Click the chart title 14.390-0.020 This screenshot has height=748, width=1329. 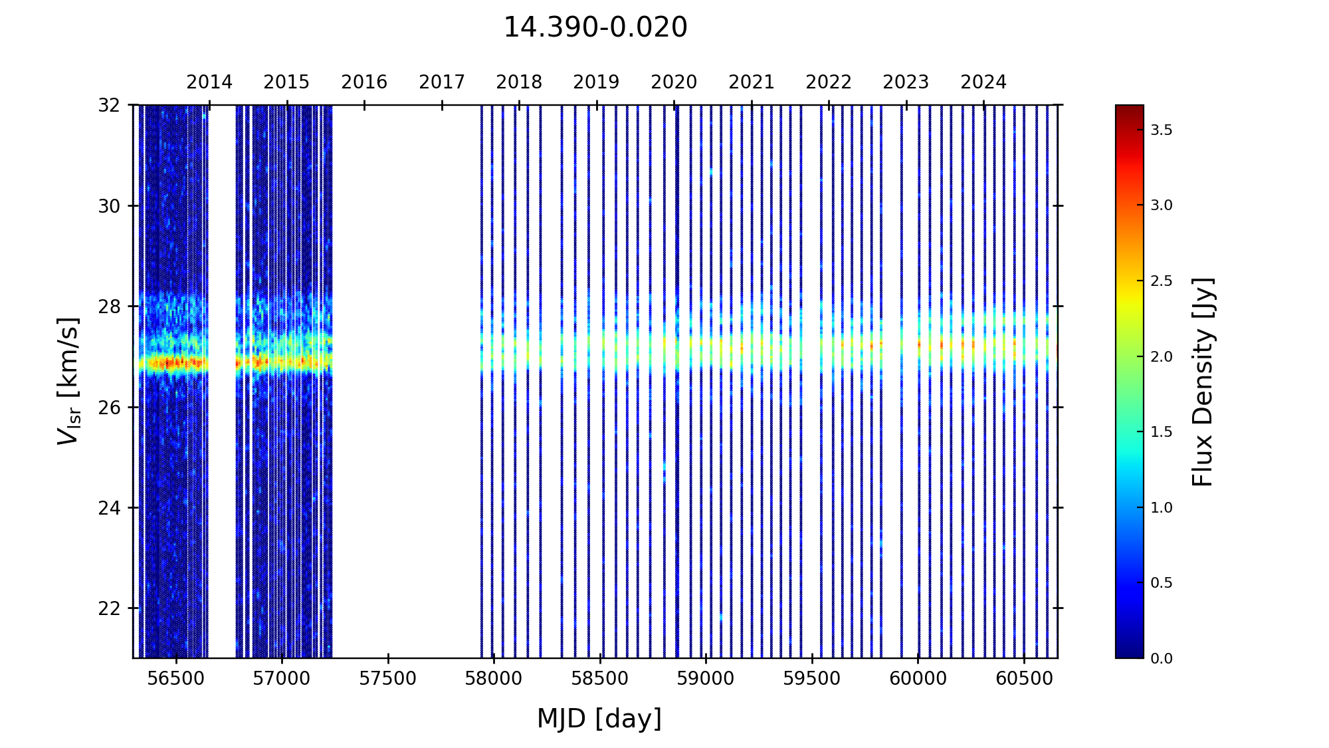[595, 28]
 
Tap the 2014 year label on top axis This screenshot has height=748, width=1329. [209, 82]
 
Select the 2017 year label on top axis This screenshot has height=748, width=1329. [442, 82]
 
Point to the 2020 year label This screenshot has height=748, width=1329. [674, 82]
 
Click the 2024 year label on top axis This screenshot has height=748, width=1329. [983, 82]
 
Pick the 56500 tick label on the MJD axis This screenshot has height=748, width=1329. [176, 679]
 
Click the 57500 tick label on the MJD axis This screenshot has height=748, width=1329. [388, 679]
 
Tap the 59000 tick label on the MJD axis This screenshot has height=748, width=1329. [706, 679]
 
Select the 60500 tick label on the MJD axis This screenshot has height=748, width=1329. [1024, 679]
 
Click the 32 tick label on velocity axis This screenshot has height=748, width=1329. [110, 105]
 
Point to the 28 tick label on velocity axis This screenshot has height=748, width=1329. [110, 307]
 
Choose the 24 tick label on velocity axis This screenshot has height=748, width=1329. [110, 508]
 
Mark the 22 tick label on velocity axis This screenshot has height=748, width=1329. [110, 608]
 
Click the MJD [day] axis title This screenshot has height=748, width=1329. [599, 719]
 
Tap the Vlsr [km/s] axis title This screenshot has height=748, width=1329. [68, 381]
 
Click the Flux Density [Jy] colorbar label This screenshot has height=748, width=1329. [1203, 382]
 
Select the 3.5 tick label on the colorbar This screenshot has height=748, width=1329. [1162, 130]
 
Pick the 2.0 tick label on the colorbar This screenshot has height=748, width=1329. [1162, 357]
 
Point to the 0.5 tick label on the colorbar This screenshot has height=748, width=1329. [1162, 583]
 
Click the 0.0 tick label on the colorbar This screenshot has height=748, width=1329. [1162, 659]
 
